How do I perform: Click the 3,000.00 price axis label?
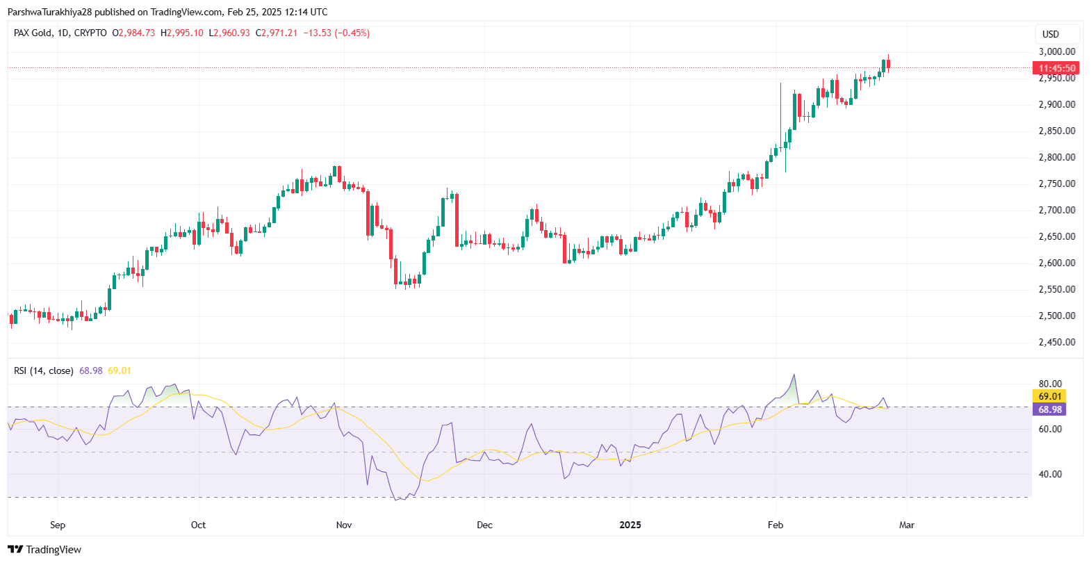[x=1056, y=51]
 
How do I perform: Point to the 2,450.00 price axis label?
[x=1056, y=342]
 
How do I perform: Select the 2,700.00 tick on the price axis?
[x=1056, y=210]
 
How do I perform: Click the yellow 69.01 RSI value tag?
[x=1050, y=396]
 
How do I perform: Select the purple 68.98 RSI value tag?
[x=1050, y=409]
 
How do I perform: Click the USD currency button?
[x=1051, y=34]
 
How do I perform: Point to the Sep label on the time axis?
[x=58, y=525]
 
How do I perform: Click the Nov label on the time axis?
[x=344, y=525]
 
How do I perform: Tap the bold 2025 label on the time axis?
[x=630, y=525]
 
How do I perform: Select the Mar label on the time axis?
[x=906, y=525]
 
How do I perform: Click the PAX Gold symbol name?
[x=32, y=33]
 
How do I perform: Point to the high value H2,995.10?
[x=182, y=33]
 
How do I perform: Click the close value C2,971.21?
[x=277, y=33]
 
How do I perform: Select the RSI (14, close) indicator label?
[x=43, y=370]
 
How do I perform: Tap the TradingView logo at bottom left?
[x=44, y=549]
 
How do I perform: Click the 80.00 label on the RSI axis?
[x=1050, y=384]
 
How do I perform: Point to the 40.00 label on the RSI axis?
[x=1050, y=474]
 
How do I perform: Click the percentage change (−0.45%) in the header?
[x=352, y=33]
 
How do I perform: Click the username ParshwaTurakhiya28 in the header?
[x=49, y=12]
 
